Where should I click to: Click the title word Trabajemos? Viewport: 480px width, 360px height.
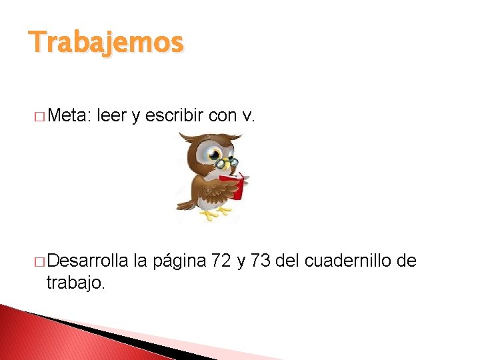click(105, 43)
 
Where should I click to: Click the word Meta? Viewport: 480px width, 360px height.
click(69, 116)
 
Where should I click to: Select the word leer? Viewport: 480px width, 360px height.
click(111, 116)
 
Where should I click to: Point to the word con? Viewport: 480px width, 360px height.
click(223, 116)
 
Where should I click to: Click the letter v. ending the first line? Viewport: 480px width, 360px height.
click(249, 116)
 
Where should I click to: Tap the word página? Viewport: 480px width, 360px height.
click(179, 261)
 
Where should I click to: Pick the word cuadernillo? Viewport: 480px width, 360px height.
click(348, 261)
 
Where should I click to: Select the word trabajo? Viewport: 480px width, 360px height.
click(75, 283)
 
